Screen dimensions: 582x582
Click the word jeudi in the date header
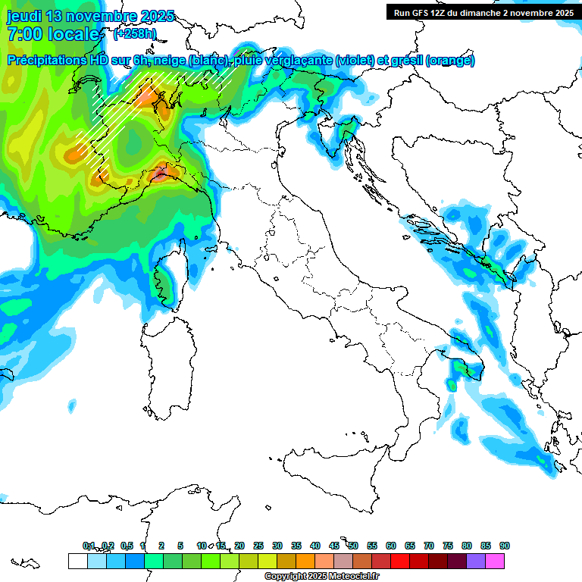[x=24, y=16]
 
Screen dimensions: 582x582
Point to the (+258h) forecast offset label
[x=135, y=34]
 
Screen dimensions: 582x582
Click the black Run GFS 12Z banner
[x=483, y=12]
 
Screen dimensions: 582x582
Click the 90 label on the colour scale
[x=505, y=546]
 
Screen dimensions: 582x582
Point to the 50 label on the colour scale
[x=353, y=546]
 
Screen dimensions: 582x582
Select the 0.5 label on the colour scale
[x=126, y=546]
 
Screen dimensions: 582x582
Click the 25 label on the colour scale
[x=258, y=546]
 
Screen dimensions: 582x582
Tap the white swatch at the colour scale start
[x=77, y=561]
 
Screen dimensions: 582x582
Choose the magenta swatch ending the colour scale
[x=495, y=561]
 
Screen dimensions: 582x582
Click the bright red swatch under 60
[x=400, y=561]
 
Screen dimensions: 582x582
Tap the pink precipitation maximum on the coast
[x=159, y=175]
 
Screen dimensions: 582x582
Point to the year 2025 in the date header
[x=157, y=16]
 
